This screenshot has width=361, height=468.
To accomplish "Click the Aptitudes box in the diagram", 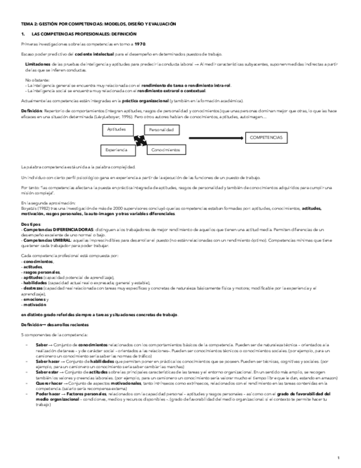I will click(117, 129).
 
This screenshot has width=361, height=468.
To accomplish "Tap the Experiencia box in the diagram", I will click(117, 150).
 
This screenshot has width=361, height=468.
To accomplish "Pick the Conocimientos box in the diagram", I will click(166, 150).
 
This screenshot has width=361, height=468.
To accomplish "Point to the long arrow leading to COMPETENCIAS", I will click(215, 137).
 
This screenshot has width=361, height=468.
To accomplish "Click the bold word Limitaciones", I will click(37, 65).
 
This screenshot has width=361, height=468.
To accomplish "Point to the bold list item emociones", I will click(34, 300).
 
